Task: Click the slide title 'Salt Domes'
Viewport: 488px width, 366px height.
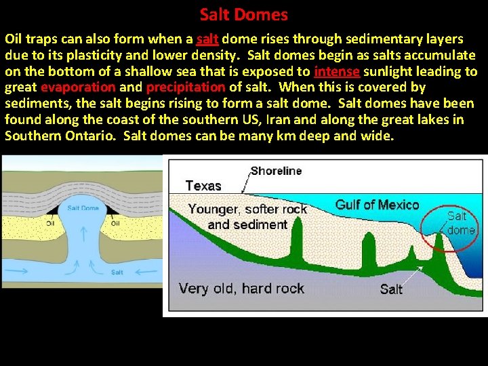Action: [x=243, y=14]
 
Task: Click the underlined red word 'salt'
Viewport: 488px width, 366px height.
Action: [x=207, y=39]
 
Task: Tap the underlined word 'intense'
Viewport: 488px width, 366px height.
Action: [x=335, y=71]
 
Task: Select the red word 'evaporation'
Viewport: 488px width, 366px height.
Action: [x=78, y=87]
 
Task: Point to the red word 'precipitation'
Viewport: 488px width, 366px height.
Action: [x=185, y=87]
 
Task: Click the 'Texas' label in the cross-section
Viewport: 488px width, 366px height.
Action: [x=203, y=186]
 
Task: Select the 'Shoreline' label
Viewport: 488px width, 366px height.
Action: [x=276, y=171]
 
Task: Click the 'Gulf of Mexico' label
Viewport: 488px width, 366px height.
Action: [x=378, y=205]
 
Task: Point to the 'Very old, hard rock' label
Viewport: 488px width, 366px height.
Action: [x=241, y=289]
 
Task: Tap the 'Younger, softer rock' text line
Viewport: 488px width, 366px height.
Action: [x=247, y=209]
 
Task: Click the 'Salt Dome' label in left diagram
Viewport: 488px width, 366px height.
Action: [x=83, y=208]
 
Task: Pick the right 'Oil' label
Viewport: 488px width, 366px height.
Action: [x=115, y=222]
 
